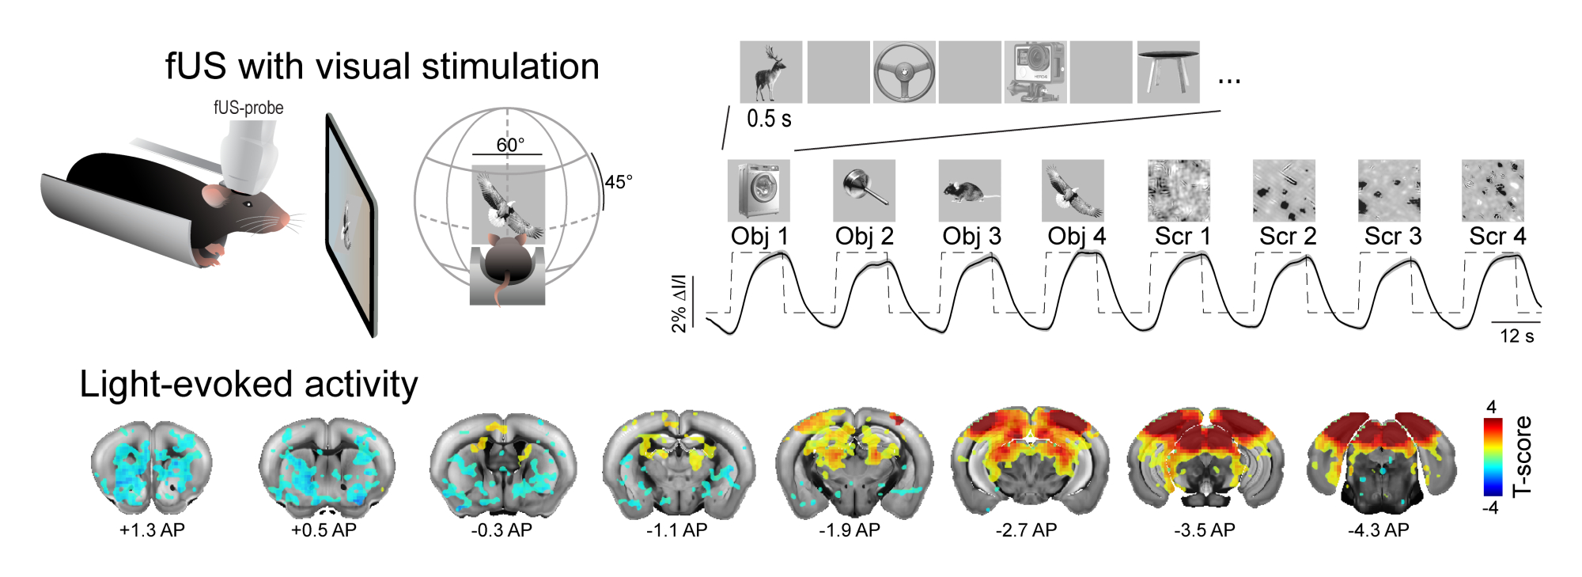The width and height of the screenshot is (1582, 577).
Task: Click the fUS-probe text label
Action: (x=248, y=108)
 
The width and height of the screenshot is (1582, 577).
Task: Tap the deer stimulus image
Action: (x=770, y=72)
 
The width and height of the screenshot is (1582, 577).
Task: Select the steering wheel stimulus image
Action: (x=903, y=72)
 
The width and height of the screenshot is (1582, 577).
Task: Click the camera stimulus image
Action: (x=1035, y=72)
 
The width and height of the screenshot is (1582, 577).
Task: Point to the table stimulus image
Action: (x=1168, y=72)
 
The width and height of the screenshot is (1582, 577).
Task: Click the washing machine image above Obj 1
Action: (x=759, y=191)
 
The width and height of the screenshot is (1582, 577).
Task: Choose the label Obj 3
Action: (x=971, y=236)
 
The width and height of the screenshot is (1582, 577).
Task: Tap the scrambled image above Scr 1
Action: (x=1179, y=191)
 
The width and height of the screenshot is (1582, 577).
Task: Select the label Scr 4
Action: (x=1497, y=236)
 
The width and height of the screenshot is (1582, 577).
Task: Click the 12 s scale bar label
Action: (x=1516, y=336)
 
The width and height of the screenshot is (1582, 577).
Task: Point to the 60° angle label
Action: (x=510, y=145)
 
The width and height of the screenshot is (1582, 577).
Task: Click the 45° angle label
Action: (x=619, y=182)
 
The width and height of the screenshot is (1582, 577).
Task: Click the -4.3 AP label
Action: (x=1378, y=530)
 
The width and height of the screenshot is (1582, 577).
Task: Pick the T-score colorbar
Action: (x=1492, y=457)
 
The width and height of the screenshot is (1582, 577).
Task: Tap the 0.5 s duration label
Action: (x=769, y=119)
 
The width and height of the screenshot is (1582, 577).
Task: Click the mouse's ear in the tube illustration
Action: (x=214, y=195)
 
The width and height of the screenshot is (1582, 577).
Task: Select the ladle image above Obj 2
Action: (x=864, y=191)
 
